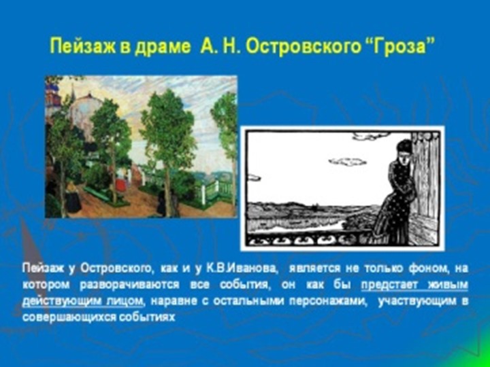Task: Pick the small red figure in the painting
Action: pos(120,185)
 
